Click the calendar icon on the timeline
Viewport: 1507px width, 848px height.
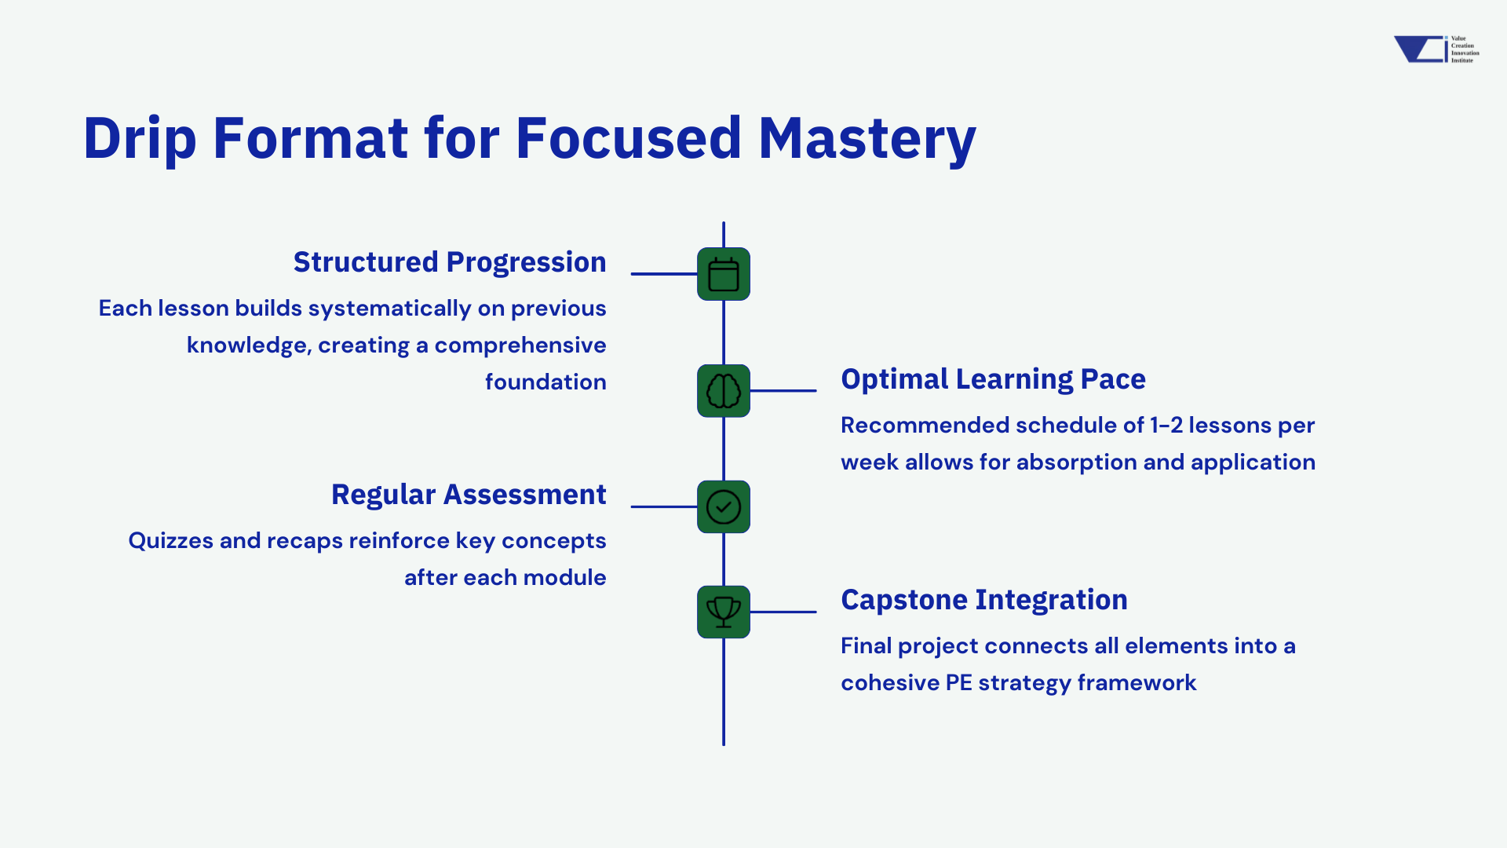(x=723, y=274)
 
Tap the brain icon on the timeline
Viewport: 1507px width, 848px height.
(x=723, y=390)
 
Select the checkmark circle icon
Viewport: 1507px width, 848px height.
(x=723, y=506)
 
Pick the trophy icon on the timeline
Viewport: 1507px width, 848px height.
(x=723, y=612)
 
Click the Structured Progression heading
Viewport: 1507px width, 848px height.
(x=449, y=262)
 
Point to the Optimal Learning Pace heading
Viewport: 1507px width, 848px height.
(x=993, y=379)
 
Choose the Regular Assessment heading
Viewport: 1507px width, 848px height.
(x=469, y=495)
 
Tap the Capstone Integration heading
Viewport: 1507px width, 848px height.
(x=983, y=600)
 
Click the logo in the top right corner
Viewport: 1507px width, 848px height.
(x=1436, y=49)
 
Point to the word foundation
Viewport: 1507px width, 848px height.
(x=546, y=382)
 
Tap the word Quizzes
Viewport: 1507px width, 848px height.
(x=170, y=541)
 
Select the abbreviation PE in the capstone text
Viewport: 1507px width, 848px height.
(x=958, y=683)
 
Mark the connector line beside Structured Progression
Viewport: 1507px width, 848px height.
(x=663, y=274)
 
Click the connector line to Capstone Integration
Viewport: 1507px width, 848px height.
(x=783, y=612)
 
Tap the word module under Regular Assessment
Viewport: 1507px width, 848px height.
(x=564, y=578)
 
